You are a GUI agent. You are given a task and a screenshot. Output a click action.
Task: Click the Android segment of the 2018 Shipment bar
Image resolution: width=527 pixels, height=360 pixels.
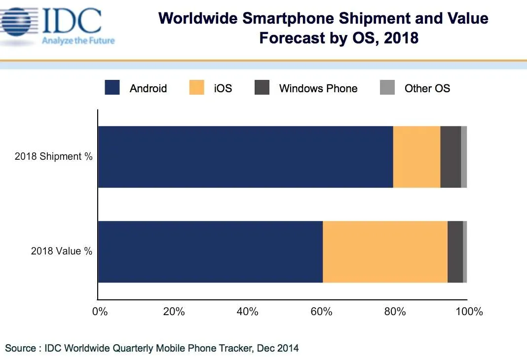(x=245, y=157)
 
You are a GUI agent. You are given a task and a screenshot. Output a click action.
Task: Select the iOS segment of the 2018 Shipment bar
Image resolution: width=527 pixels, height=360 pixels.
(x=416, y=157)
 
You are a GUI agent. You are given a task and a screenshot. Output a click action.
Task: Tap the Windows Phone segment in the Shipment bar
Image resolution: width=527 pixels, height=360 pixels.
(x=451, y=157)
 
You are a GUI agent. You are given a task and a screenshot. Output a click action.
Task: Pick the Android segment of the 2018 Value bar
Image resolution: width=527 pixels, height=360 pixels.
(x=210, y=252)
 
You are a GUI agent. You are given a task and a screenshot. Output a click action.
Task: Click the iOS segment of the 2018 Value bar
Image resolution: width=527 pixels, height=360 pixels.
(x=385, y=252)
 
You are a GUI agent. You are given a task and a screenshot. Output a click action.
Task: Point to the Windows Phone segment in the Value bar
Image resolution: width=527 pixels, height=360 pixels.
(x=455, y=252)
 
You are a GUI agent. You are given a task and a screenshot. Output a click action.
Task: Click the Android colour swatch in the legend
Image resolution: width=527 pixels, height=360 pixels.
(x=112, y=87)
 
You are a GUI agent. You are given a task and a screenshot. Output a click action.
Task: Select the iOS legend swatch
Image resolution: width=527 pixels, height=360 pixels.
(x=196, y=87)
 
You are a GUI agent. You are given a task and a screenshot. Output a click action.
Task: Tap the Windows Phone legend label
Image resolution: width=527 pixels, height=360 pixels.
(x=318, y=88)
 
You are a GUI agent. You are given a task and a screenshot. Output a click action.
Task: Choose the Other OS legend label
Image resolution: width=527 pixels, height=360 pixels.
(x=427, y=88)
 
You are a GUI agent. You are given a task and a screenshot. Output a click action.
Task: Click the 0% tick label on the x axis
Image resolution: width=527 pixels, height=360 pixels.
(x=100, y=312)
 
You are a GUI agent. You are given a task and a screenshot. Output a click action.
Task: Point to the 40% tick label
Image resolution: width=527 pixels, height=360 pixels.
(x=247, y=312)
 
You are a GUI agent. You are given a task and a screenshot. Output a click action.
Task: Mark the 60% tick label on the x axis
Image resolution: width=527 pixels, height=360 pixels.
(x=321, y=312)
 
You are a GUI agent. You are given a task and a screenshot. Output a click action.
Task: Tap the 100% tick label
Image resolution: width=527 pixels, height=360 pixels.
(x=469, y=312)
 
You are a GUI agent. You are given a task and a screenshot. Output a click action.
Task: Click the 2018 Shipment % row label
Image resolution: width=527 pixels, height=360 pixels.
(x=53, y=156)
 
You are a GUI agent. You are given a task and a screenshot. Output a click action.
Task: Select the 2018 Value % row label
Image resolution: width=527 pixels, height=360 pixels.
(x=62, y=251)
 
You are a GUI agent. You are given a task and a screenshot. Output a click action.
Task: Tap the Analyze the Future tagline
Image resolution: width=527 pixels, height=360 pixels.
(x=78, y=40)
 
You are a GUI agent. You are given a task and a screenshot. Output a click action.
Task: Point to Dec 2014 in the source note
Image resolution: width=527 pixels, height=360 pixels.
(x=278, y=348)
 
